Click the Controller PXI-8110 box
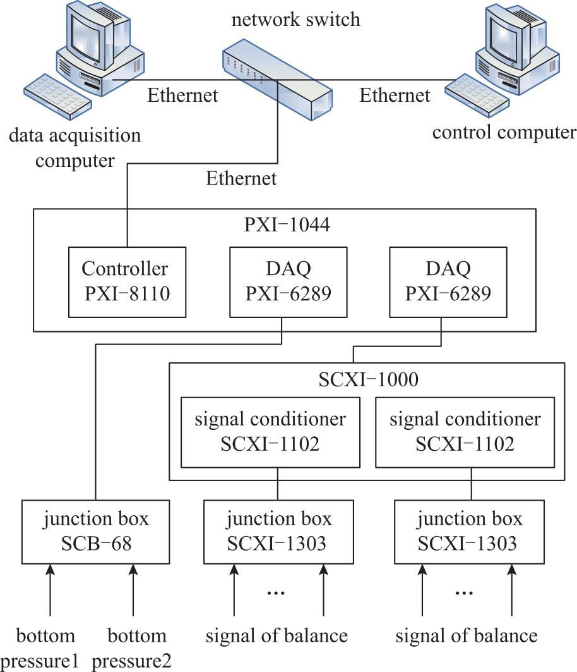click(127, 282)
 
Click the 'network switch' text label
click(296, 20)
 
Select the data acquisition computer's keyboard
click(57, 96)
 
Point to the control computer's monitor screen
click(504, 34)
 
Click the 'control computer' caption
click(504, 132)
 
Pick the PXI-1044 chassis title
click(287, 225)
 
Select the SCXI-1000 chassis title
click(368, 379)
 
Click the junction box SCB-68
click(96, 532)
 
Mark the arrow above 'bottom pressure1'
click(51, 590)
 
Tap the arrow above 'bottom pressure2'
click(133, 590)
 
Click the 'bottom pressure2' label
click(132, 648)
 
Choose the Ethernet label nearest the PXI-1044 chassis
click(241, 178)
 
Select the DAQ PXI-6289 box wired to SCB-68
click(288, 282)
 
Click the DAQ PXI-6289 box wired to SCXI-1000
click(448, 282)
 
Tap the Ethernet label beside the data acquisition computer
click(183, 95)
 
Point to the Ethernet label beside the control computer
click(395, 95)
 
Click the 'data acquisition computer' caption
click(75, 148)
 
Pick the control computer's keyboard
click(477, 95)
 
